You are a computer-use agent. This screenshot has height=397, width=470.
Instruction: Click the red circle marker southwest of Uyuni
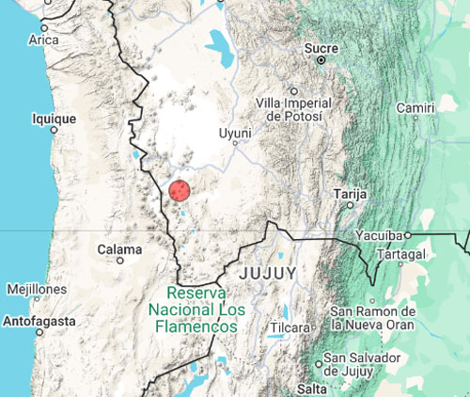click(180, 191)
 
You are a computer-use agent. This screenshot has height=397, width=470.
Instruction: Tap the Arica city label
click(43, 40)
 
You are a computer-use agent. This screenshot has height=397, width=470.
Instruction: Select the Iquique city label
click(54, 119)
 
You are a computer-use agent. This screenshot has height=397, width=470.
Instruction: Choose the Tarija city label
click(349, 194)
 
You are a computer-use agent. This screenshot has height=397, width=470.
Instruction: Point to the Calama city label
click(119, 249)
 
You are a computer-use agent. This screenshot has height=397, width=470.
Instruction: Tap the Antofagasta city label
click(39, 320)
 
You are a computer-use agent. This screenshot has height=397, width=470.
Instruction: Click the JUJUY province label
click(268, 273)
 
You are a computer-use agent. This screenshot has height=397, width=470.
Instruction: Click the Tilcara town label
click(290, 327)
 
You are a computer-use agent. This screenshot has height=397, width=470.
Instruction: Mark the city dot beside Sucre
click(321, 59)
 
